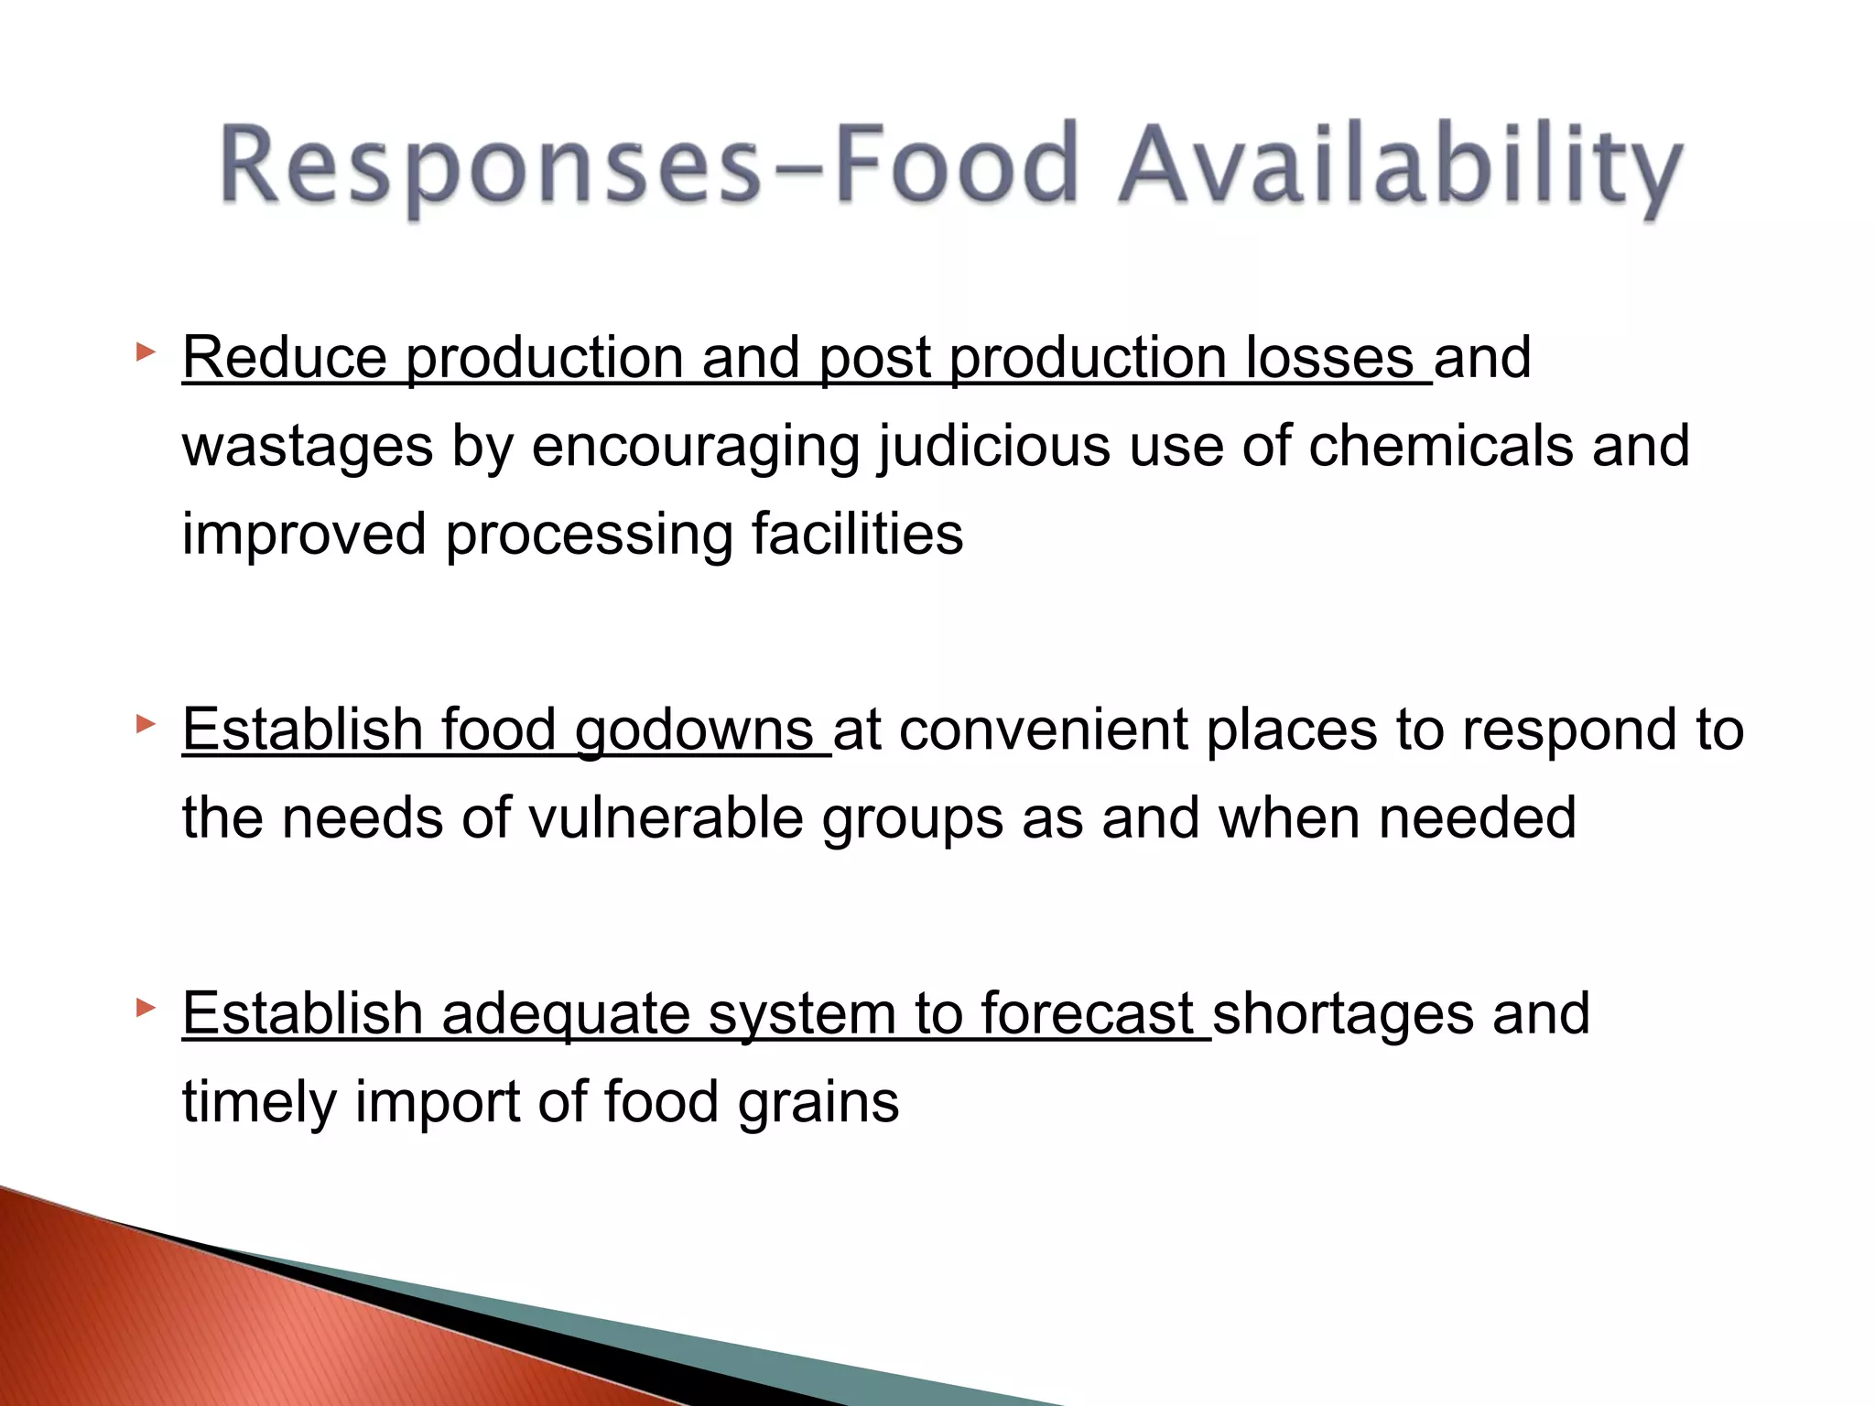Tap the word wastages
click(x=308, y=446)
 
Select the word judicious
click(x=994, y=446)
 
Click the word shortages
click(x=1342, y=1014)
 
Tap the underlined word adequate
click(x=566, y=1014)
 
